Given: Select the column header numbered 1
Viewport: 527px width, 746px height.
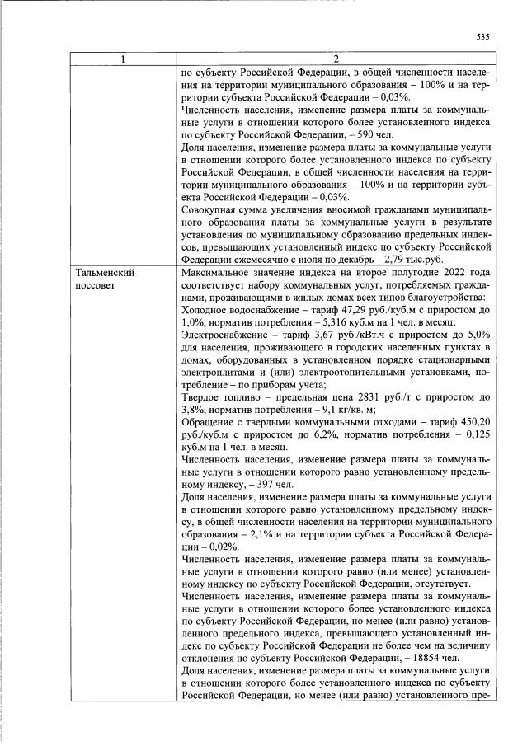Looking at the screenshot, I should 124,59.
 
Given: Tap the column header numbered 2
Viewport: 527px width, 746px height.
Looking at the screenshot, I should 336,59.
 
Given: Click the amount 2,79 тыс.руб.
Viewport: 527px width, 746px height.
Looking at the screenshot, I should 389,258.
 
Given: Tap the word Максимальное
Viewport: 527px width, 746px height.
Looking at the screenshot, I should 216,272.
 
